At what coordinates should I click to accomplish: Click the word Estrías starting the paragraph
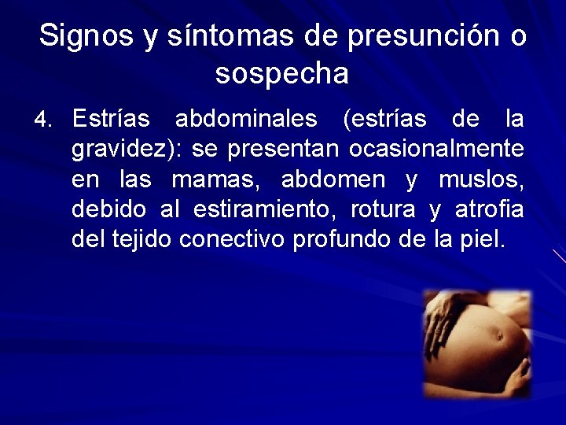click(x=111, y=120)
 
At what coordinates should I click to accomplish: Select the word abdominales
click(x=246, y=120)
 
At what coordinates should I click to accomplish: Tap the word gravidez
click(x=120, y=149)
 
